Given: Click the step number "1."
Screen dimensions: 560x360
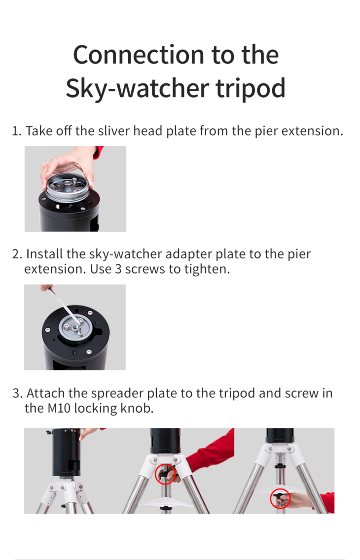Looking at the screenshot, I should (x=17, y=131).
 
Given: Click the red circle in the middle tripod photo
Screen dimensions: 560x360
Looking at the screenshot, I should (x=164, y=475).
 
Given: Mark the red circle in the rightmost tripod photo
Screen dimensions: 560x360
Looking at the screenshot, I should (x=280, y=499).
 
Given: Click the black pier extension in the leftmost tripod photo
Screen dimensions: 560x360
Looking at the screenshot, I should (x=66, y=451).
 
